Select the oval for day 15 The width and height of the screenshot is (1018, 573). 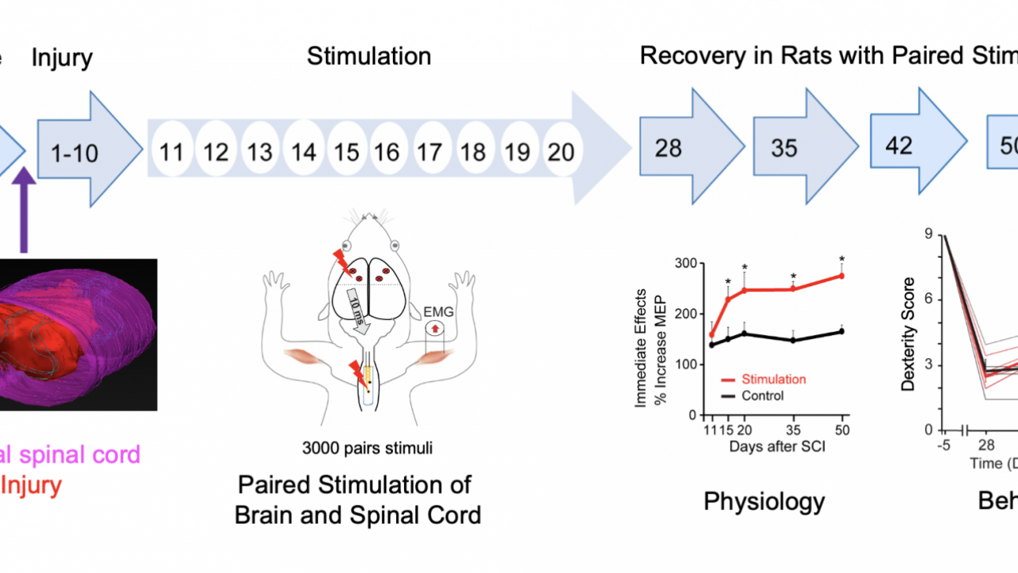tap(347, 150)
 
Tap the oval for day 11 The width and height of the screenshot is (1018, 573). tap(171, 150)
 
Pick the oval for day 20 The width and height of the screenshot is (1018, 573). tap(561, 150)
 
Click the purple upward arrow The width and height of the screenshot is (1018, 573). tap(24, 207)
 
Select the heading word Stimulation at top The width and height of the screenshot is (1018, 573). tap(369, 57)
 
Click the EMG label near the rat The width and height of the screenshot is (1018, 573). tap(439, 312)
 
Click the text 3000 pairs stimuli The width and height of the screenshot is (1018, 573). tap(367, 448)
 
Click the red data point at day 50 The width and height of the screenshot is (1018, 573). tap(841, 276)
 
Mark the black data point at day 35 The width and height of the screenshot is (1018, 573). tap(793, 340)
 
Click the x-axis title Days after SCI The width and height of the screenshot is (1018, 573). tap(777, 446)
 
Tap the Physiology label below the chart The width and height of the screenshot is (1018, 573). tap(763, 501)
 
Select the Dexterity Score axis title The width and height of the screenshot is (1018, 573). tap(908, 334)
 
